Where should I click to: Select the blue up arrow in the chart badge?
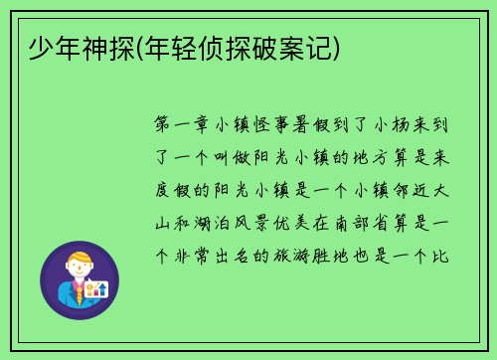pyautogui.click(x=102, y=288)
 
